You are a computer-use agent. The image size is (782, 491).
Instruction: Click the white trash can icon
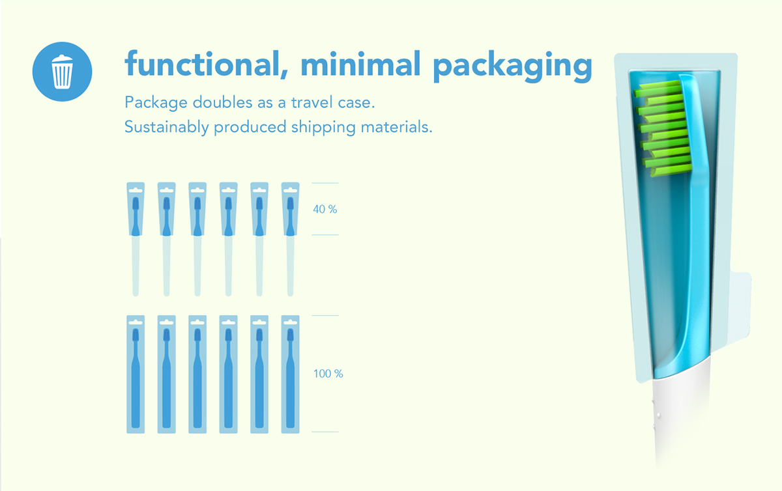coord(63,71)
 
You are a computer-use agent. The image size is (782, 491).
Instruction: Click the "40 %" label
coord(325,210)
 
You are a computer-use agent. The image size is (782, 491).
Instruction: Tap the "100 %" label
coord(328,374)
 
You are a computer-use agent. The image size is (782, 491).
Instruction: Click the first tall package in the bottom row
coord(135,374)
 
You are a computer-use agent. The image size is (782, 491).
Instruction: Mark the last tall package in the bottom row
coord(290,374)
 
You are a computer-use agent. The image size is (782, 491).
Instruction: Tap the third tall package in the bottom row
coord(197,374)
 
